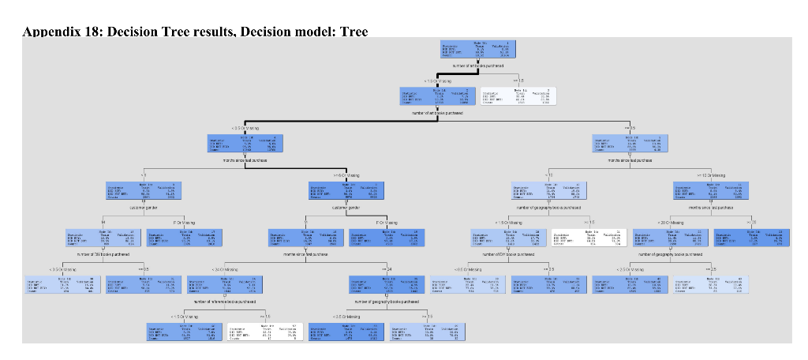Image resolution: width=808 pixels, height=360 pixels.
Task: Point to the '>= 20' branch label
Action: pos(746,223)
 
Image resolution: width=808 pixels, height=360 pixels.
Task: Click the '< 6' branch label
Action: pos(143,174)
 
